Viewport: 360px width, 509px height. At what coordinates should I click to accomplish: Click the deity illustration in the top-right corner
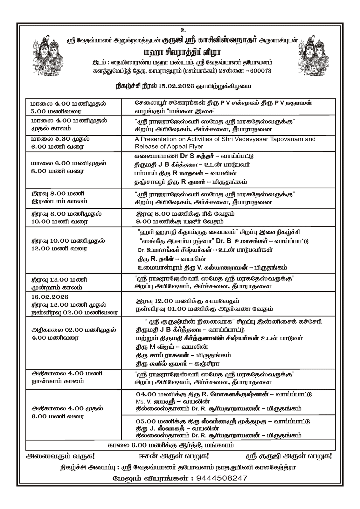pos(315,56)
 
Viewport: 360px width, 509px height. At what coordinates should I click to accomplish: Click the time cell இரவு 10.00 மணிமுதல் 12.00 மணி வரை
pos(68,244)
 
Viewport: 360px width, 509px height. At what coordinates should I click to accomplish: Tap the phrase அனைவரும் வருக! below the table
pos(60,456)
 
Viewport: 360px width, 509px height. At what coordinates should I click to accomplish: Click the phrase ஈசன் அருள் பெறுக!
pos(174,456)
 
